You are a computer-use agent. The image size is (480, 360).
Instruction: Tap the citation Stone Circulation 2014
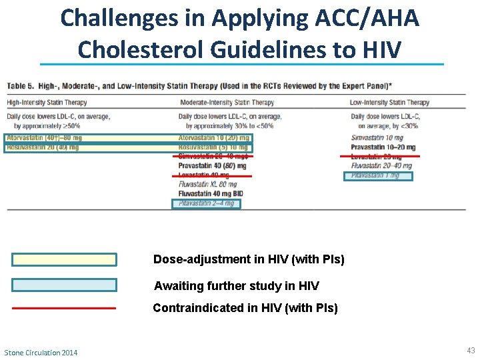click(x=41, y=352)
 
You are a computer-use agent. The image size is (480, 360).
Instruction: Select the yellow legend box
click(x=64, y=259)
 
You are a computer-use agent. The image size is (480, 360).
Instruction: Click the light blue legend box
click(x=64, y=285)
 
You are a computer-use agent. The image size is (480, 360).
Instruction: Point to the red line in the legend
click(x=64, y=308)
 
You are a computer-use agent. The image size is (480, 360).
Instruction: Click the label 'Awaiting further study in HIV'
click(x=236, y=286)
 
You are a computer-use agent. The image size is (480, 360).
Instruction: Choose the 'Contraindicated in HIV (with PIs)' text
click(x=245, y=308)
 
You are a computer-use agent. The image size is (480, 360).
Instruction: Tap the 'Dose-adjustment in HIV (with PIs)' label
click(x=248, y=259)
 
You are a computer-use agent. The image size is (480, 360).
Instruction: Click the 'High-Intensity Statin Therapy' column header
click(x=47, y=103)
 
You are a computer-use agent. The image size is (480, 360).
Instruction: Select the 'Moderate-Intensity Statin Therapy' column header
click(x=226, y=103)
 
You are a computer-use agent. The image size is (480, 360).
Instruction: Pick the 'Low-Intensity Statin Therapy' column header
click(x=389, y=103)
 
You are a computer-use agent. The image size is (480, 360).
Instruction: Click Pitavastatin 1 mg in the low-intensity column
click(x=378, y=176)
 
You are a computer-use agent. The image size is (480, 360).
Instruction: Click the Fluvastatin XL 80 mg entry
click(x=207, y=185)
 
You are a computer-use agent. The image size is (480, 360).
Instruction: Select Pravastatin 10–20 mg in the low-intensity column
click(x=383, y=147)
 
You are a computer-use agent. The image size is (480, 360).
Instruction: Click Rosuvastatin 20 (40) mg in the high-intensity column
click(x=43, y=147)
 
